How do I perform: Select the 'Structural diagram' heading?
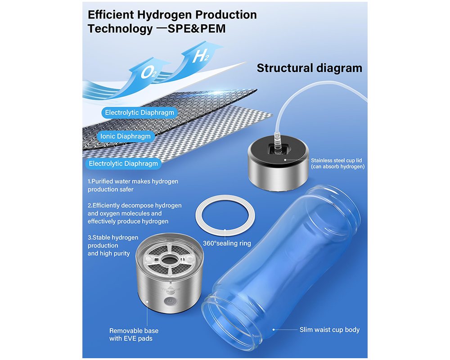309,68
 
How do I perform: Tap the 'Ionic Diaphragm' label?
125,136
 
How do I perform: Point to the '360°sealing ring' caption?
227,243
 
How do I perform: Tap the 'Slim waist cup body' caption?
329,330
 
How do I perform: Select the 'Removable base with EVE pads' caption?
134,334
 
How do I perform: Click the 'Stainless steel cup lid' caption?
337,163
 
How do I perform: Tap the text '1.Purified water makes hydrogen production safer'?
133,185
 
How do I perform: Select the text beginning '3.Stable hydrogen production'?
113,245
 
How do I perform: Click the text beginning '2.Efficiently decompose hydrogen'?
135,213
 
